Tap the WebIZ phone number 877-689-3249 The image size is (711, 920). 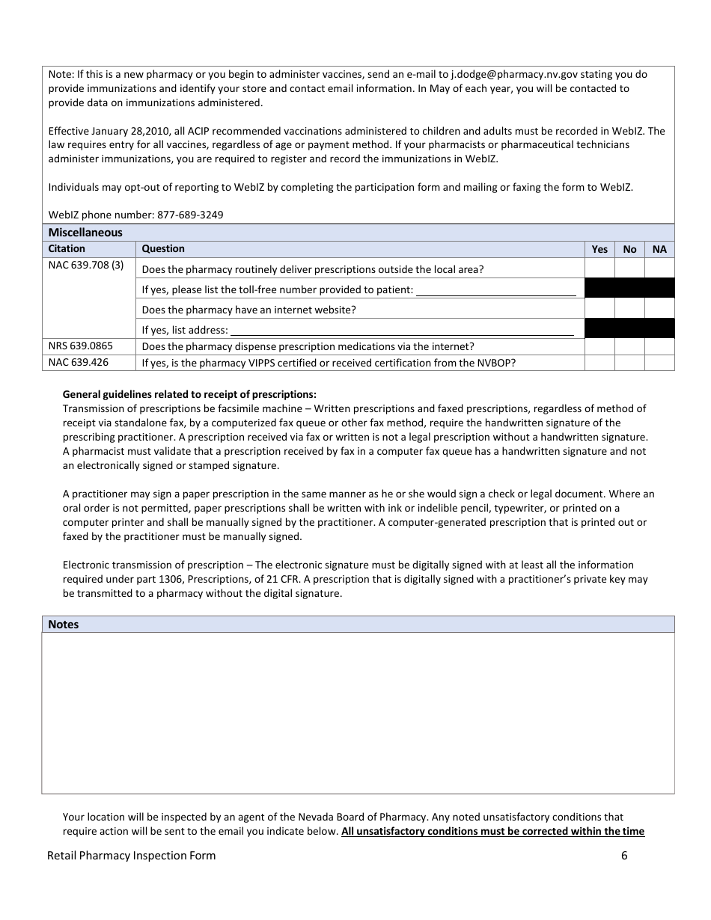coord(190,215)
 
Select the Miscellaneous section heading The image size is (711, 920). coord(85,233)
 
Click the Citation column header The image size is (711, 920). coord(67,249)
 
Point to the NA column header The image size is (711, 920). coord(659,249)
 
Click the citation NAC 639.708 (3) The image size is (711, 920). coord(86,266)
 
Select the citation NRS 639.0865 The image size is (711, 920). coord(81,346)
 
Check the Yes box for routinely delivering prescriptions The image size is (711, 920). coord(599,269)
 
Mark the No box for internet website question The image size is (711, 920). coord(629,309)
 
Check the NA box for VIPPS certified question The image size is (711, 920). coord(659,363)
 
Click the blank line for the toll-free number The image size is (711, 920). coord(496,290)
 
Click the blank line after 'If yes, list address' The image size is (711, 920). coord(402,330)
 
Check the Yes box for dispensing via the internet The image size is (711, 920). coord(599,346)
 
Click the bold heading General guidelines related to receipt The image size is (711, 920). coord(189,394)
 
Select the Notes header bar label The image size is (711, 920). coord(64,625)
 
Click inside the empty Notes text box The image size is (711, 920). coord(358,713)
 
